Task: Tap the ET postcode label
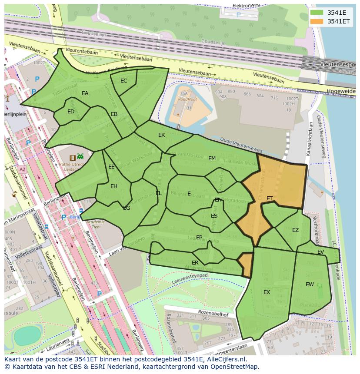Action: (270, 199)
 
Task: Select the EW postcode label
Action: (310, 285)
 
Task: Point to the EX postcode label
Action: (267, 292)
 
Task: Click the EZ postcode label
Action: (296, 230)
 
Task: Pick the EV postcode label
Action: (320, 252)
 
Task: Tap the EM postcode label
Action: (212, 159)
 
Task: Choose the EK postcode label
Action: (161, 135)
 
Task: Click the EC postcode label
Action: (124, 81)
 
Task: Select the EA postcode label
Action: (85, 93)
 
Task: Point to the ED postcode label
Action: (71, 112)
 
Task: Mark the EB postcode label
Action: (114, 114)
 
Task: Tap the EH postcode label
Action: (114, 186)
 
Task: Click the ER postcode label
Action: (195, 263)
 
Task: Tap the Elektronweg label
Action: (247, 6)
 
